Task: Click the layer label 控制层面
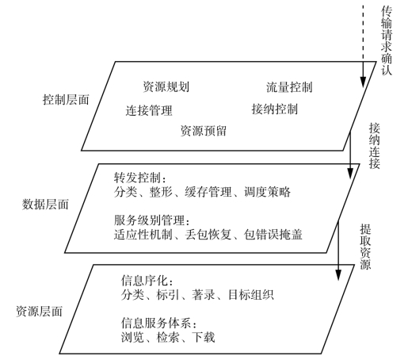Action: (x=66, y=100)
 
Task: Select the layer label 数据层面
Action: (x=45, y=205)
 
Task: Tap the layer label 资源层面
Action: (x=40, y=312)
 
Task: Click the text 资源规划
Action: (x=166, y=86)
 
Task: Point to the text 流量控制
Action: (x=289, y=87)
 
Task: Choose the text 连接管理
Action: (x=149, y=110)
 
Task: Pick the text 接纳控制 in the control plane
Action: (x=275, y=109)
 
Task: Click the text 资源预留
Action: (x=204, y=131)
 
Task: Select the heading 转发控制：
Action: (x=140, y=178)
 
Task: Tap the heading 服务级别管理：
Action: (x=152, y=220)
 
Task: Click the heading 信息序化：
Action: (x=147, y=281)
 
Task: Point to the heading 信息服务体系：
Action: (x=159, y=323)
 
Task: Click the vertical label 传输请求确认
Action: (x=387, y=40)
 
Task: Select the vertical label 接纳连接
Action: (x=375, y=146)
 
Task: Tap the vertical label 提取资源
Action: (x=365, y=247)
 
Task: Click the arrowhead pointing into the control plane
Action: (x=363, y=82)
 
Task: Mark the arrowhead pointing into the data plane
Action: (x=350, y=174)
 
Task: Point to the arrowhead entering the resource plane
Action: (x=338, y=275)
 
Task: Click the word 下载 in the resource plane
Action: (x=204, y=337)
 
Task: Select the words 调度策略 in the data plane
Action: (x=267, y=192)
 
